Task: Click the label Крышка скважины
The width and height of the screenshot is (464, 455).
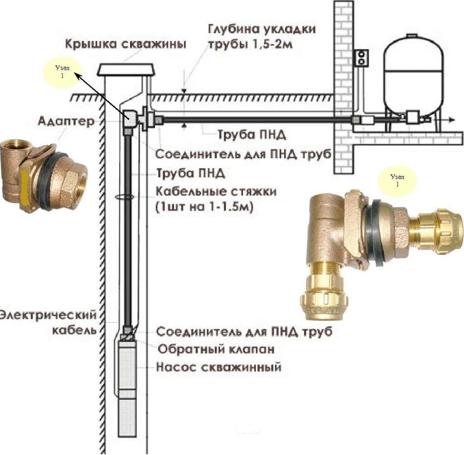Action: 126,44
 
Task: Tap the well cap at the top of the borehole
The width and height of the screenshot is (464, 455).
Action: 126,70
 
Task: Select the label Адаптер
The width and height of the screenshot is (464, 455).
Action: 66,121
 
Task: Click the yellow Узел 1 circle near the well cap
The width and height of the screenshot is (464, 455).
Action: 63,72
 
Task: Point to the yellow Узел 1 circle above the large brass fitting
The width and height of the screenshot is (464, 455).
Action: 397,180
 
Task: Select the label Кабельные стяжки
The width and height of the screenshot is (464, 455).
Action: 216,192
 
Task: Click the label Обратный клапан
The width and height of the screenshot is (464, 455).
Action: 216,350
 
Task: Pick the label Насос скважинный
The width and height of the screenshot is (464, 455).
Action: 219,367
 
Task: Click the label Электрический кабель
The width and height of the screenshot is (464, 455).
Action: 49,322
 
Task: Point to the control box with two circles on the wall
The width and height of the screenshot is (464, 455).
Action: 362,57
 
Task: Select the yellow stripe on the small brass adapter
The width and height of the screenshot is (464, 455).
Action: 24,189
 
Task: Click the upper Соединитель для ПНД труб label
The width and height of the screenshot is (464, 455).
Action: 243,154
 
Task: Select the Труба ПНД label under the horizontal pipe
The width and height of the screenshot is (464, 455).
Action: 252,135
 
